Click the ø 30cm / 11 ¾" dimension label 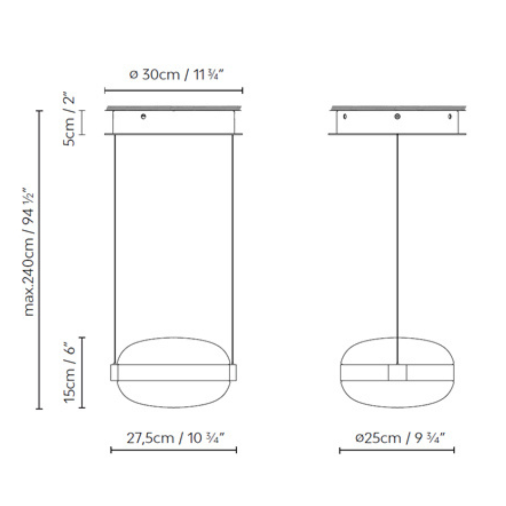[x=176, y=74]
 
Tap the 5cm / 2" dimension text [x=69, y=120]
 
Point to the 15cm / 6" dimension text [x=69, y=372]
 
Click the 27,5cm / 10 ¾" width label [x=175, y=438]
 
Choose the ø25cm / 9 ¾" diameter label [x=400, y=438]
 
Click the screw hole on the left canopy [x=143, y=116]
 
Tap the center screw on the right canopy [x=397, y=116]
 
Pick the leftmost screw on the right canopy [x=345, y=116]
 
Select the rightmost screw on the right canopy [x=450, y=116]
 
